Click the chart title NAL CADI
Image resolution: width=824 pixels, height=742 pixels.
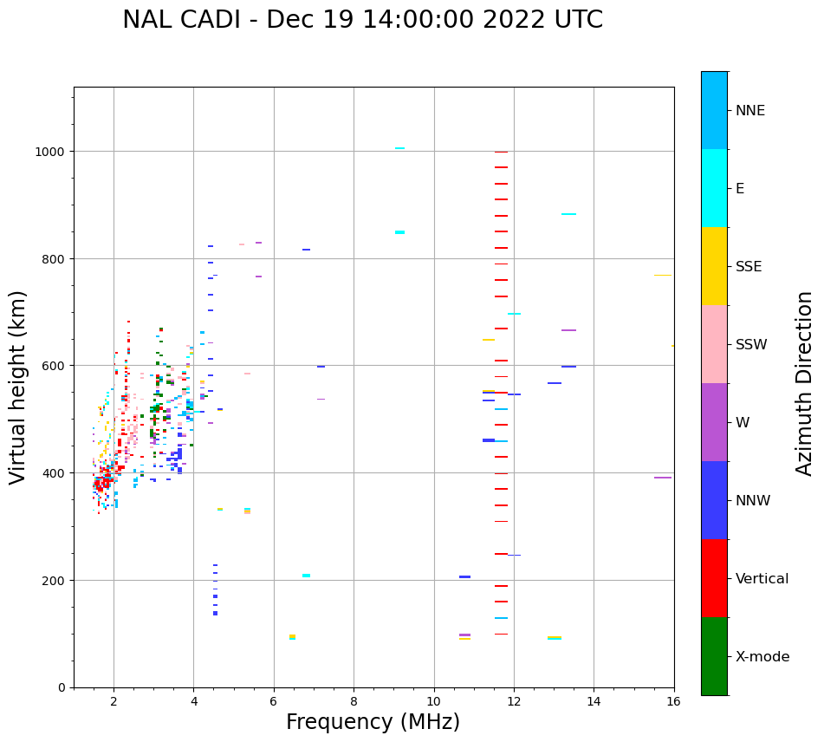tap(362, 20)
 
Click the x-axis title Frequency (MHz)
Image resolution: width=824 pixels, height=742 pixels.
tap(373, 722)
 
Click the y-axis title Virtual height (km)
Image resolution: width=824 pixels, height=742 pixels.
tap(18, 387)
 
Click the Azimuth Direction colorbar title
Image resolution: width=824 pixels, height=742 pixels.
tap(805, 383)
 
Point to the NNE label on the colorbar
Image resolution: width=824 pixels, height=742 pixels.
tap(750, 110)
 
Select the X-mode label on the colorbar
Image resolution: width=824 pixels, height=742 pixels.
tap(762, 656)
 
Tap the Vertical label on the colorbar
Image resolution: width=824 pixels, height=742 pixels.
tap(762, 578)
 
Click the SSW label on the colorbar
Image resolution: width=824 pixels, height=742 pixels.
tap(751, 344)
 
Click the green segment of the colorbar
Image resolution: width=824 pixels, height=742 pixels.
tap(714, 656)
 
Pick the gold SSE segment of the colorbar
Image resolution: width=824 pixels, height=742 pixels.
tap(714, 266)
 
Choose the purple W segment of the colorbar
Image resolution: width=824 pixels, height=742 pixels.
tap(714, 422)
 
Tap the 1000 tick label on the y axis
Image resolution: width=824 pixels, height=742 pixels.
tap(50, 152)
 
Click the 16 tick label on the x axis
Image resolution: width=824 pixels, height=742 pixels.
tap(673, 702)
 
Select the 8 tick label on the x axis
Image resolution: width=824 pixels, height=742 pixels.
tap(354, 702)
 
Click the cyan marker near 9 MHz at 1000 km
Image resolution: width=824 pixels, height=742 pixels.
tap(399, 148)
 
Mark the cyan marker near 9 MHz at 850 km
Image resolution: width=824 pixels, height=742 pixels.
tap(399, 232)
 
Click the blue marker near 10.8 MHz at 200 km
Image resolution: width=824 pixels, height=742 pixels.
tap(464, 576)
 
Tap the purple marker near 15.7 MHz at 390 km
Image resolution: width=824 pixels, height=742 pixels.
tap(663, 478)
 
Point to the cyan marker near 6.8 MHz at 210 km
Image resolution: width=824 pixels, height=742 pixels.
tap(306, 576)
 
